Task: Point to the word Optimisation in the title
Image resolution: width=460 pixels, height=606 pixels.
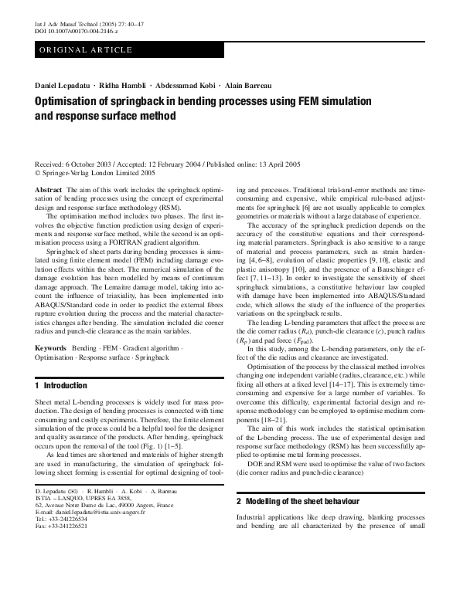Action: (73, 101)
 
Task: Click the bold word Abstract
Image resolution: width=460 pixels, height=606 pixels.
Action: (49, 189)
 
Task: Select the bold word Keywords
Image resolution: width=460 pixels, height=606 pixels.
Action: (50, 349)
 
